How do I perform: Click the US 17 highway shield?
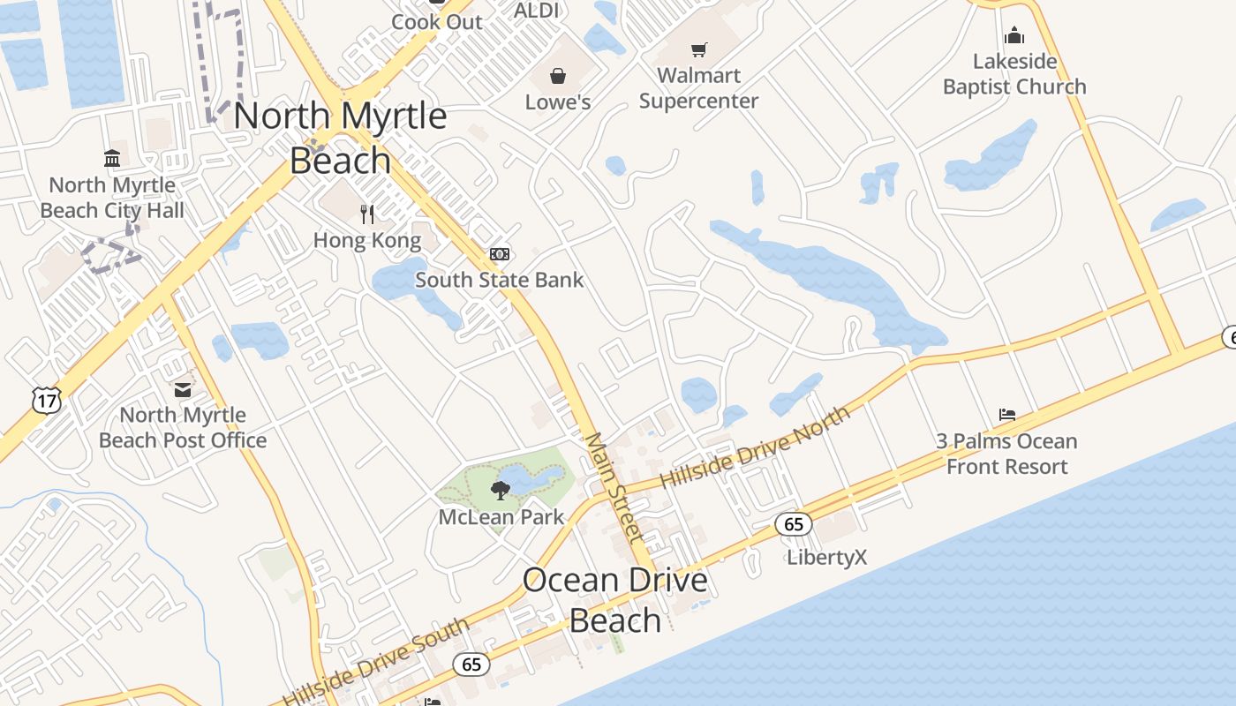click(46, 401)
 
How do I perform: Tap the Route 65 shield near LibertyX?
click(793, 524)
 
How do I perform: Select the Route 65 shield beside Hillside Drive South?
click(471, 664)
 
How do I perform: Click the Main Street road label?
click(614, 486)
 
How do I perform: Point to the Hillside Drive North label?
click(755, 447)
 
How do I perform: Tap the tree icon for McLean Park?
click(501, 491)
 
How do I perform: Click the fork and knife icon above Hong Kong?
click(367, 214)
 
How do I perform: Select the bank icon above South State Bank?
click(500, 254)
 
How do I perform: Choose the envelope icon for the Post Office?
click(183, 389)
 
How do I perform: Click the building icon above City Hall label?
click(112, 159)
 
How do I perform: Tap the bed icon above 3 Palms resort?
click(1007, 414)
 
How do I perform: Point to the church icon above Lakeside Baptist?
click(1014, 35)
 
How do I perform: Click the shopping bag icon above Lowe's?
click(558, 77)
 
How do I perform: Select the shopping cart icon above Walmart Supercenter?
click(699, 49)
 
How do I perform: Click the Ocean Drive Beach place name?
click(615, 600)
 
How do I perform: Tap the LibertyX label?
click(827, 557)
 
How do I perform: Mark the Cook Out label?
click(437, 22)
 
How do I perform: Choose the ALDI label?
click(537, 11)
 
